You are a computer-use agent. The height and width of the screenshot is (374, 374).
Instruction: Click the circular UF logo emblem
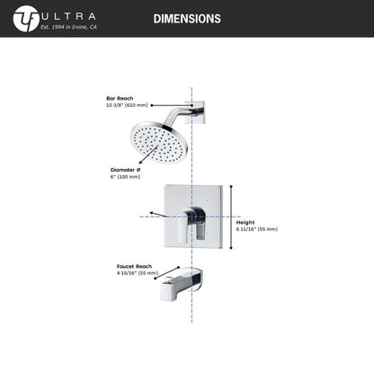pos(26,19)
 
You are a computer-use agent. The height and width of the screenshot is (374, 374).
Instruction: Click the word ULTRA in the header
pos(68,16)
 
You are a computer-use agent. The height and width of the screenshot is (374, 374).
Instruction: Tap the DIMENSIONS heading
pos(187,19)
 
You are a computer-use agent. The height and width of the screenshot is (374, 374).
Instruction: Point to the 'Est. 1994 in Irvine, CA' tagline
pos(68,27)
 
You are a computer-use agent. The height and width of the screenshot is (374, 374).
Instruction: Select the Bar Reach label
pos(120,98)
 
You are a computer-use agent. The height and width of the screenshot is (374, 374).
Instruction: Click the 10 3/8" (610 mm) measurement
pos(127,105)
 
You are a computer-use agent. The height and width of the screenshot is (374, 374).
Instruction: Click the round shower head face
pos(159,142)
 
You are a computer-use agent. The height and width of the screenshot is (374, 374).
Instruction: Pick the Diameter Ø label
pos(125,170)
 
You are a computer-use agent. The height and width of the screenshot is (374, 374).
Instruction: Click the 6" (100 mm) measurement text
pos(125,177)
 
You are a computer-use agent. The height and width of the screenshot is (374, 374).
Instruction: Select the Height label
pos(245,222)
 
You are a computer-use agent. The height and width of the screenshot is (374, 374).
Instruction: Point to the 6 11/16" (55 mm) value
pos(257,229)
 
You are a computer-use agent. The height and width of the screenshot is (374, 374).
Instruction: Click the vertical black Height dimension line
pos(231,217)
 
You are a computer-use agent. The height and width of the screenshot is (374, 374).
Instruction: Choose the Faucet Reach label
pos(134,266)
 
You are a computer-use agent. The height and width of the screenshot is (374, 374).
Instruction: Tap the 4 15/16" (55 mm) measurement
pos(138,273)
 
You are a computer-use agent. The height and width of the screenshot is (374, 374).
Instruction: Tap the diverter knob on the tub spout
pos(169,280)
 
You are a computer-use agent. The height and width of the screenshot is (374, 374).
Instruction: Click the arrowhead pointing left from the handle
pos(152,213)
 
